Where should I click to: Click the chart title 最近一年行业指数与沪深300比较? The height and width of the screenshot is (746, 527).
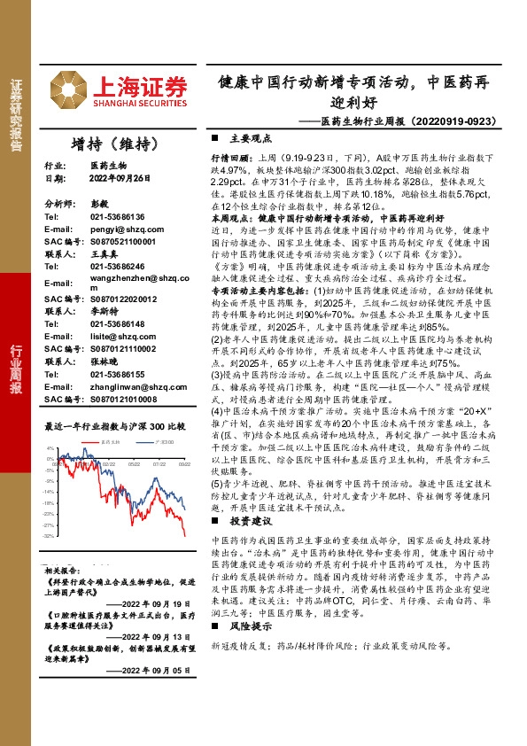click(114, 426)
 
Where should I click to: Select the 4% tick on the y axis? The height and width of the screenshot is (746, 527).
click(50, 448)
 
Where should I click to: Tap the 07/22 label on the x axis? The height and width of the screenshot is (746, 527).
click(159, 462)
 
